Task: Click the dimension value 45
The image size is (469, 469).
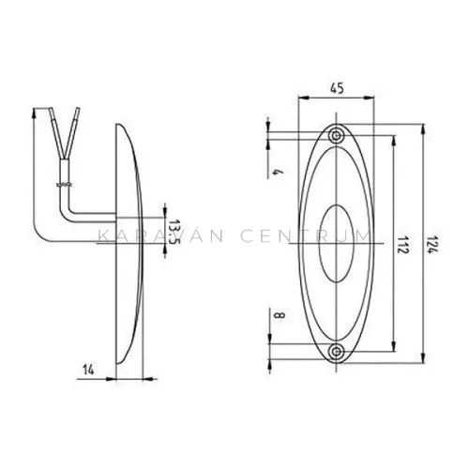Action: [x=337, y=88]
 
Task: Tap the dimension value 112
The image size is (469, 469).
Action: [x=403, y=245]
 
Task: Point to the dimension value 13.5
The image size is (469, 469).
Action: [x=174, y=233]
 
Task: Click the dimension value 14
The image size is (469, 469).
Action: [x=88, y=370]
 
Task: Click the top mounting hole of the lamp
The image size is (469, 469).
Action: [x=336, y=136]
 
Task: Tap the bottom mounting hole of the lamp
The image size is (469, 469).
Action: [x=336, y=352]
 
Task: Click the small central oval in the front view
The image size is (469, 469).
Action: [x=336, y=244]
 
